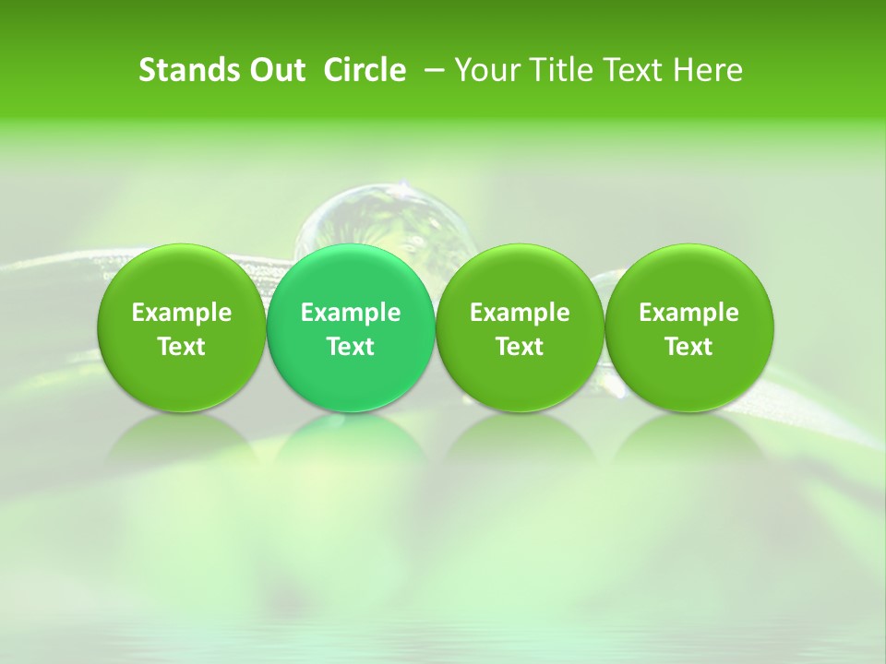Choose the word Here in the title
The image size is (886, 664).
(x=708, y=70)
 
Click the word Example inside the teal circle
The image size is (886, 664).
(x=351, y=313)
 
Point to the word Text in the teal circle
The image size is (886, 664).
(x=351, y=347)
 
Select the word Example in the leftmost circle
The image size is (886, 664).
(x=182, y=313)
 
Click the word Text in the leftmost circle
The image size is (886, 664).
(x=182, y=347)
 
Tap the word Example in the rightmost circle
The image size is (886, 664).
(x=689, y=313)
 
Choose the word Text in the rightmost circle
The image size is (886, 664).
(x=689, y=347)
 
